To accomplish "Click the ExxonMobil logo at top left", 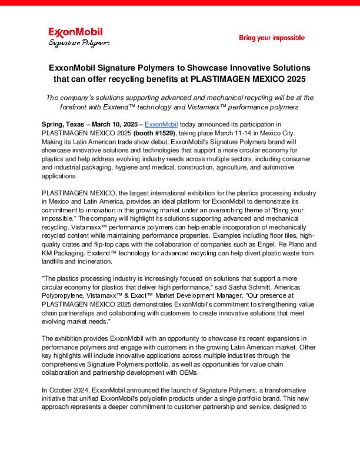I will pyautogui.click(x=75, y=32).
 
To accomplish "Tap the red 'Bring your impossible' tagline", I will pyautogui.click(x=272, y=38).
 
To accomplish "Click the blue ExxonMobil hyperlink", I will pyautogui.click(x=161, y=124).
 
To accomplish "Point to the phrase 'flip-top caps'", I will pyautogui.click(x=115, y=244).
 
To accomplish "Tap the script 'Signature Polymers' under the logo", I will pyautogui.click(x=79, y=43).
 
